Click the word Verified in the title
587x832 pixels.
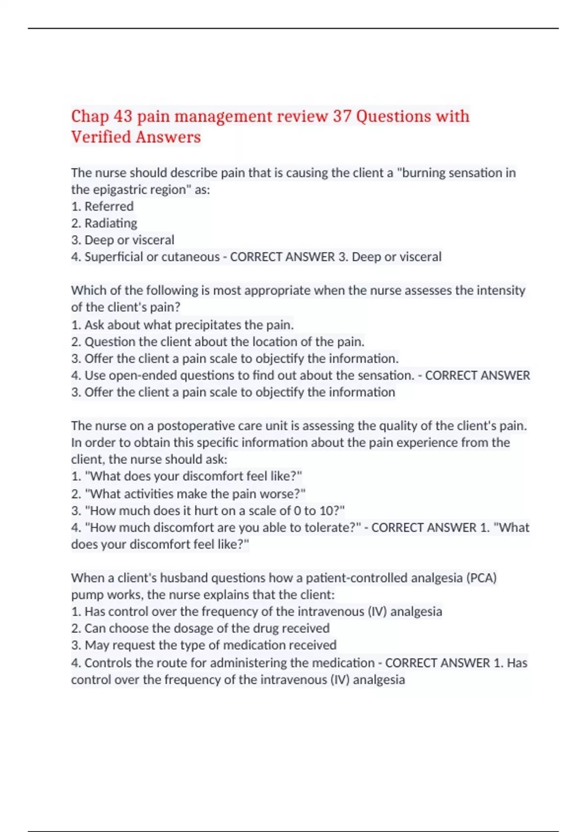coord(101,137)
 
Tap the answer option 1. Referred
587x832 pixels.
coord(102,207)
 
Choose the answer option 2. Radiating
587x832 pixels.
coord(104,223)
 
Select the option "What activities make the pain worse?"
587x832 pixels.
coord(188,494)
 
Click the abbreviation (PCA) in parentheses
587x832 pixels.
coord(481,578)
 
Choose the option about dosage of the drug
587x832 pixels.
coord(201,628)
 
